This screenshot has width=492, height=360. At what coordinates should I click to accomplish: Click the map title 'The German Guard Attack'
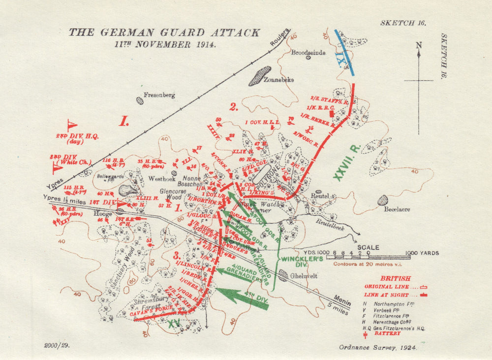pos(164,33)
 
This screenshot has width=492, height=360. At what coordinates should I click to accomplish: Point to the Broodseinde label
pos(308,52)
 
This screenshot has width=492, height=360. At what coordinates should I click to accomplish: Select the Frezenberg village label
pos(159,96)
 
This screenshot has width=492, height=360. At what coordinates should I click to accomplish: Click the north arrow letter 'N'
pos(419,45)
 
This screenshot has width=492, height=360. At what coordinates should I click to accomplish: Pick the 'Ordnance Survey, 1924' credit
pos(377,347)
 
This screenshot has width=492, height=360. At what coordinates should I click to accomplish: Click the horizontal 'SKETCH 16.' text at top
pos(402,23)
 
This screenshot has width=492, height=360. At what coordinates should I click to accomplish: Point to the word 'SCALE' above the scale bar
pos(368,247)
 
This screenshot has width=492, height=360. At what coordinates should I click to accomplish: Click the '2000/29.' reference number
pos(57,345)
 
